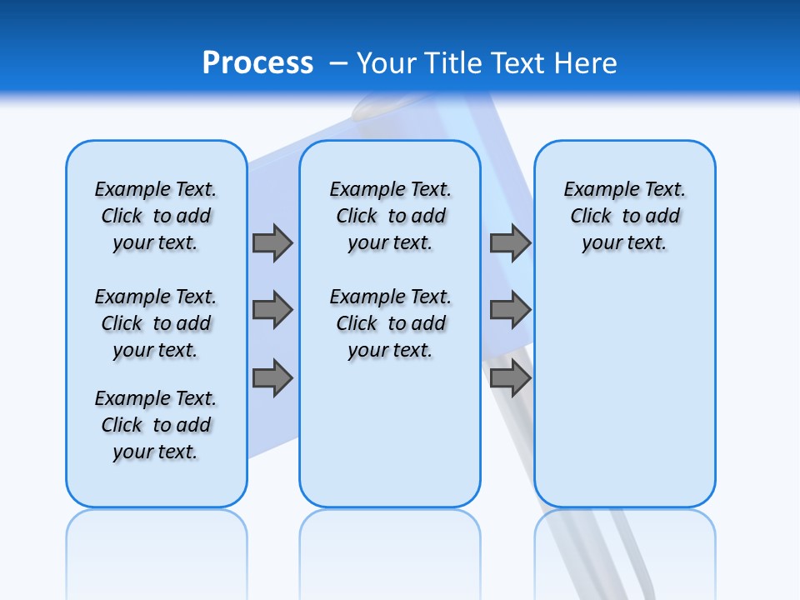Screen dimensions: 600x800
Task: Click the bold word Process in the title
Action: coord(257,63)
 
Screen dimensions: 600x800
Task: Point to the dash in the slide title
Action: coord(338,63)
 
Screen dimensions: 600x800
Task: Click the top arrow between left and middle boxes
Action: coord(272,242)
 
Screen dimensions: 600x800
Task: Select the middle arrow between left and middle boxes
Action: coord(272,310)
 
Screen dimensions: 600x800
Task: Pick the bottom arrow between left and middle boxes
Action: coord(272,378)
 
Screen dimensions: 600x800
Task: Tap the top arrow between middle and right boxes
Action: coord(510,242)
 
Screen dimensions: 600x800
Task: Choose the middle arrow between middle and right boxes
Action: coord(510,310)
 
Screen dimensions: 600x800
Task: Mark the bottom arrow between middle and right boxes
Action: coord(510,378)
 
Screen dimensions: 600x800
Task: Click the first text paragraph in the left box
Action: coord(156,216)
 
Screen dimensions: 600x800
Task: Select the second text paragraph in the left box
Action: coord(156,323)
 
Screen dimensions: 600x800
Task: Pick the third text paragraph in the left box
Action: coord(156,425)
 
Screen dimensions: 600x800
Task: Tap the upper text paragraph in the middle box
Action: coord(390,216)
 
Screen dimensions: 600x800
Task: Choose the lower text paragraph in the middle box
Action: coord(390,323)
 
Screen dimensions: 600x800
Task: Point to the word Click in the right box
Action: coord(591,216)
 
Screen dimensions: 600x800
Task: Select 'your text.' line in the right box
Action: coord(624,243)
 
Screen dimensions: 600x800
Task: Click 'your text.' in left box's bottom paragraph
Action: coord(156,452)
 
